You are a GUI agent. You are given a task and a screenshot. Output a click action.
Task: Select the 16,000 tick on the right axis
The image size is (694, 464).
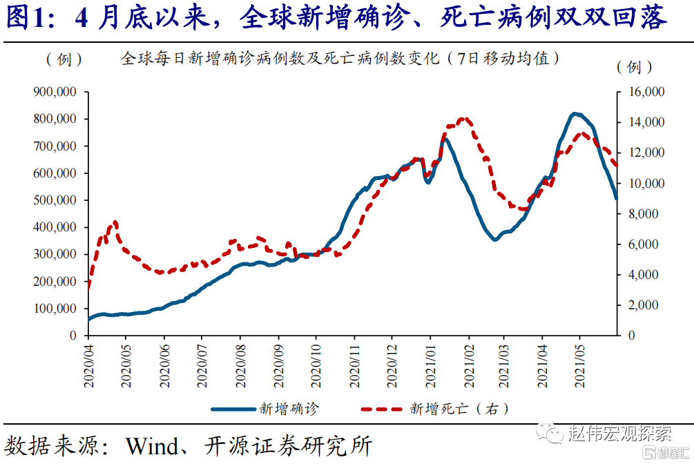coord(644,92)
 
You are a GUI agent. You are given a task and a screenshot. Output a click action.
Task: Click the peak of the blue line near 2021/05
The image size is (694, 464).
coord(575,113)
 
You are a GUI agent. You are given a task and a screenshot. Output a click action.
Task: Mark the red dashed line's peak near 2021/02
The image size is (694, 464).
coord(464,119)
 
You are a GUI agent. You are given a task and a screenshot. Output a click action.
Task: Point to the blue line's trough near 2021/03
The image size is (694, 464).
coord(494,240)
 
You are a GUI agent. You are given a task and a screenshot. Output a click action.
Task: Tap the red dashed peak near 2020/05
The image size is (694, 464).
coord(115,222)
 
